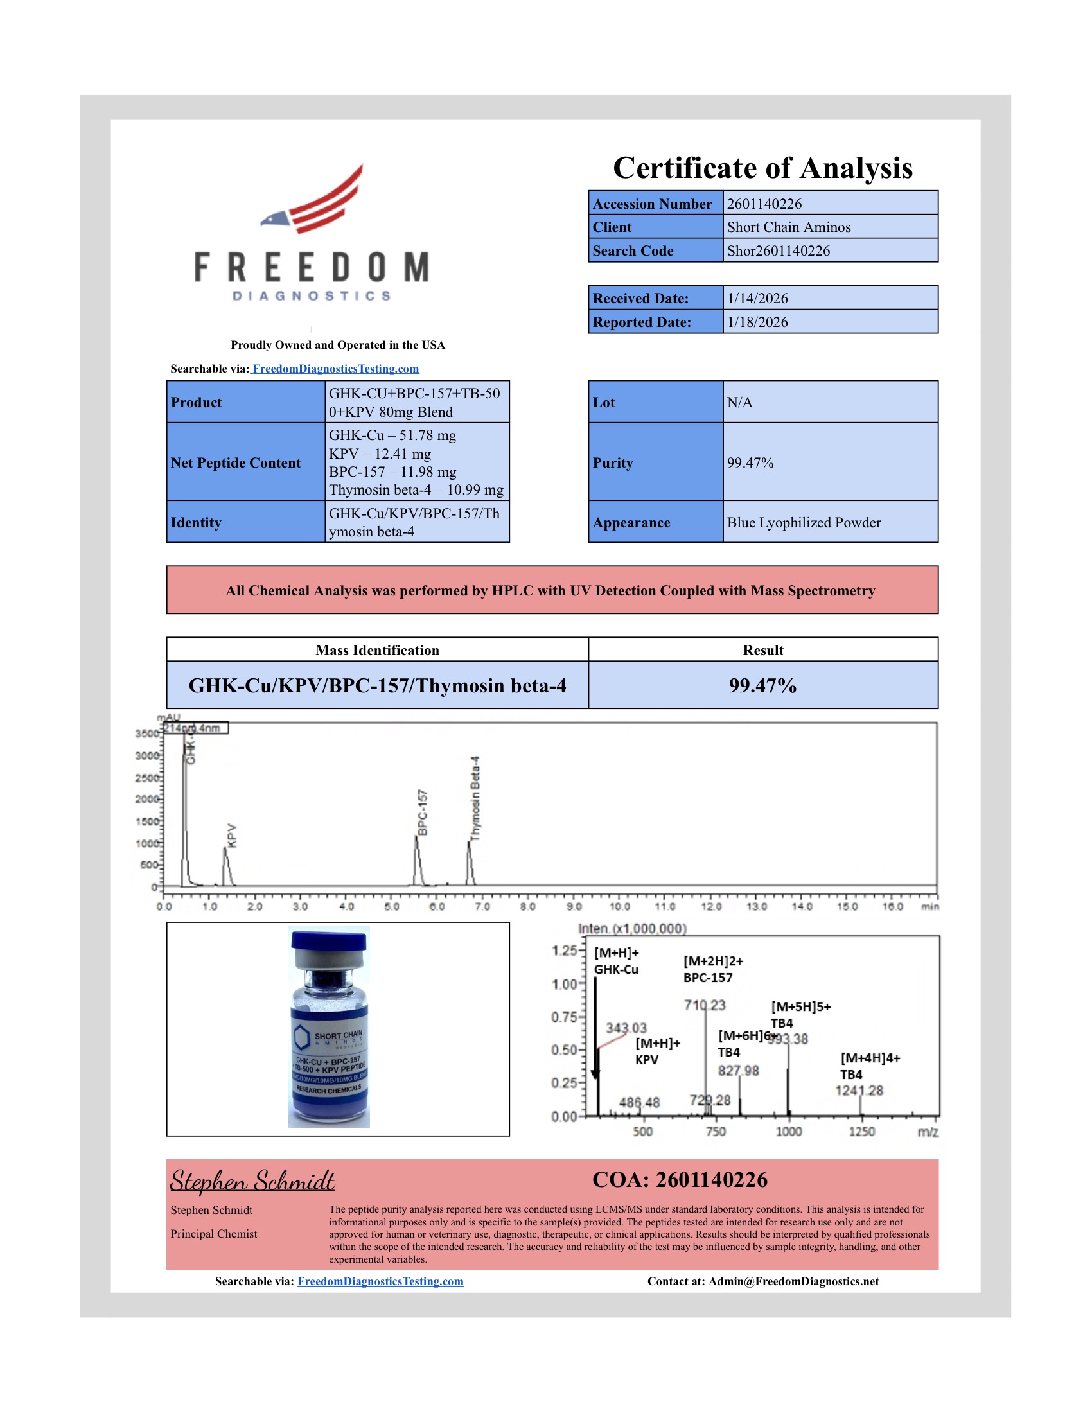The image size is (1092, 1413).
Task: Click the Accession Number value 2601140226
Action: pos(764,204)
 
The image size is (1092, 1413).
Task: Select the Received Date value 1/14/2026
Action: pos(757,298)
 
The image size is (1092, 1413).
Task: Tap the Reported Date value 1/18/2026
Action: pos(757,322)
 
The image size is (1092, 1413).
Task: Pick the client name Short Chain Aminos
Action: pos(789,227)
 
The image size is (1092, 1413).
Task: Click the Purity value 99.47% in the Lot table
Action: pos(750,462)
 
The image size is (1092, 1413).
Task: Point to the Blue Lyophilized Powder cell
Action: pos(804,522)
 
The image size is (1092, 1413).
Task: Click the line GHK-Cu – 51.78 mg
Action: pos(392,435)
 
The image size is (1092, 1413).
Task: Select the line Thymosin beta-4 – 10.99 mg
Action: pos(416,490)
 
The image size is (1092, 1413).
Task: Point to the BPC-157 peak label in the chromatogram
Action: pos(423,812)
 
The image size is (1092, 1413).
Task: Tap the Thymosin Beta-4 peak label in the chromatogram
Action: pos(475,798)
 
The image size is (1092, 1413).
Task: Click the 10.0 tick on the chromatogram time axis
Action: pos(619,906)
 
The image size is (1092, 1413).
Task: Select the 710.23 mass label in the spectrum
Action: pos(705,1005)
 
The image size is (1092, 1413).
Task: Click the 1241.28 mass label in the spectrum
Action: pos(858,1091)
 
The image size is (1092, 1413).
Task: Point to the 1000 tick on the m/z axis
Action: pos(789,1132)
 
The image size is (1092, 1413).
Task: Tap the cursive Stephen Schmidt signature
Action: pos(252,1180)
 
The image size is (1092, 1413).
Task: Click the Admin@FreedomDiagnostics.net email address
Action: pos(793,1281)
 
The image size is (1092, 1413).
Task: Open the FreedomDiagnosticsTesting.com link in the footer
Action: pos(380,1281)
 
